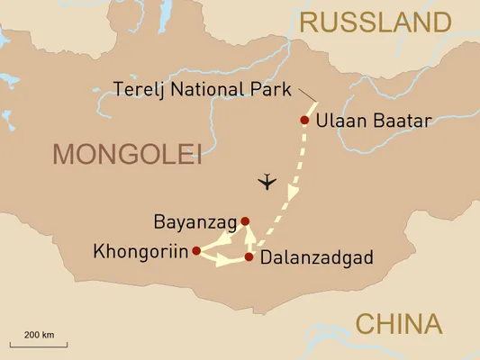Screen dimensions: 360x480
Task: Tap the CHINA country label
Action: coord(398,324)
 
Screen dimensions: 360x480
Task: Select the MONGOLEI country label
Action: coord(126,154)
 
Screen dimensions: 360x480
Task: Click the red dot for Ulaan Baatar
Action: coord(304,120)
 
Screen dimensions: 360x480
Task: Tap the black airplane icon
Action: coord(267,183)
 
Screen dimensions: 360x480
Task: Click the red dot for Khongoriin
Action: coord(195,251)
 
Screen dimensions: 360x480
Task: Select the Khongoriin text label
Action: coord(140,252)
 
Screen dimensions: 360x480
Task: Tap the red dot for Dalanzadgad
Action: coord(249,257)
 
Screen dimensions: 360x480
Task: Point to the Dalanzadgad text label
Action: coord(315,258)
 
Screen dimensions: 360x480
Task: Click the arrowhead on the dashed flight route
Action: coord(291,194)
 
